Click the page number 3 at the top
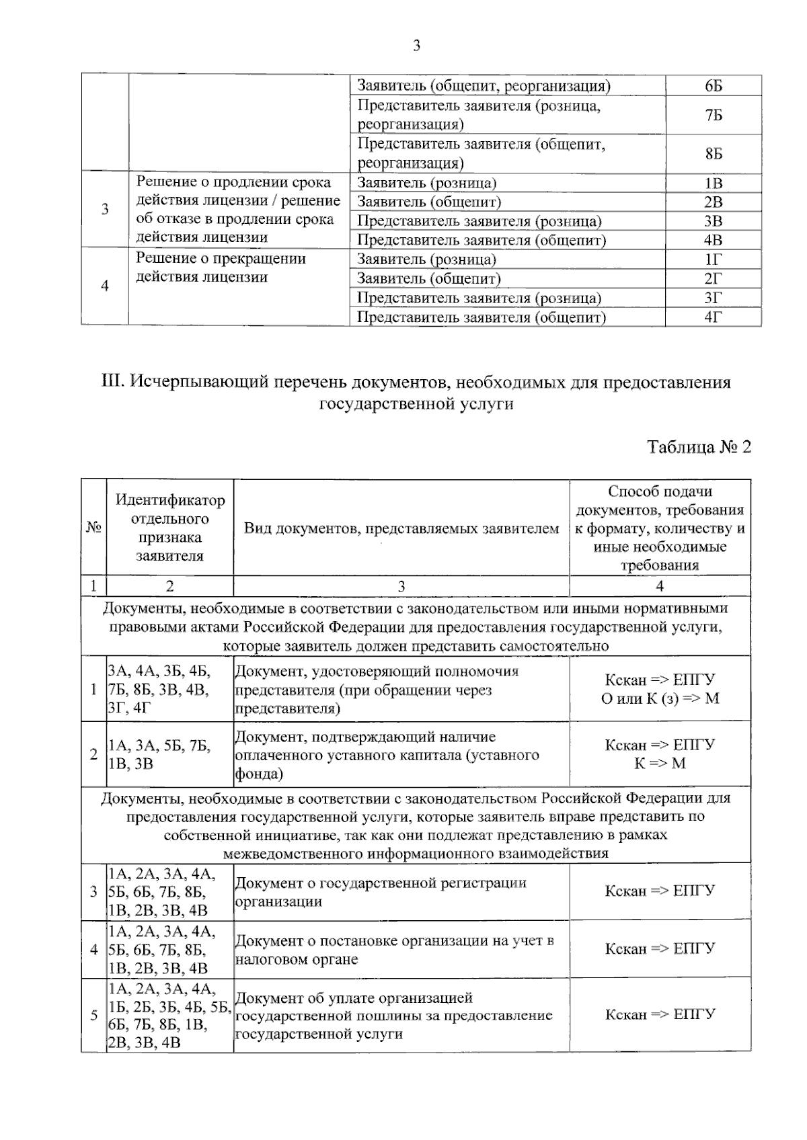(416, 46)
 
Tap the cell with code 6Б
(714, 85)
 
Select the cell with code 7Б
(714, 115)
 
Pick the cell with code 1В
(714, 183)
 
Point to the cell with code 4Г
(714, 317)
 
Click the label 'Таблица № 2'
(699, 448)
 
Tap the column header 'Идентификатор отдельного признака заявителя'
(170, 528)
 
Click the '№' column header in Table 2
(93, 528)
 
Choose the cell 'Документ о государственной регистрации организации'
(401, 892)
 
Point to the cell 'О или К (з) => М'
(660, 698)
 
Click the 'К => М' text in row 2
(660, 764)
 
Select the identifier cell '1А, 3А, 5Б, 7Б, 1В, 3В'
(170, 754)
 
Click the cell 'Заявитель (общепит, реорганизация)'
(484, 85)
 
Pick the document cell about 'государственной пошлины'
(401, 1015)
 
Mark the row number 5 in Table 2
(93, 1015)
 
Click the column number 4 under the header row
(660, 586)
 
